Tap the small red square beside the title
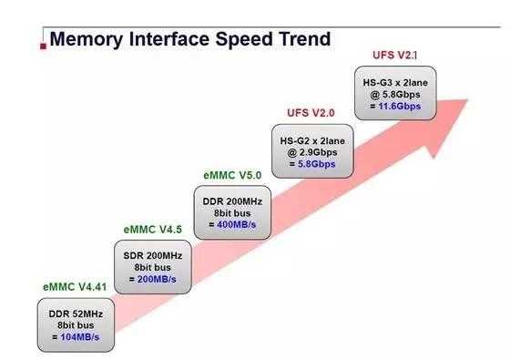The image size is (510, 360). coord(44,42)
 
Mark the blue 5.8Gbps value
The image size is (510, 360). coord(314,164)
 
